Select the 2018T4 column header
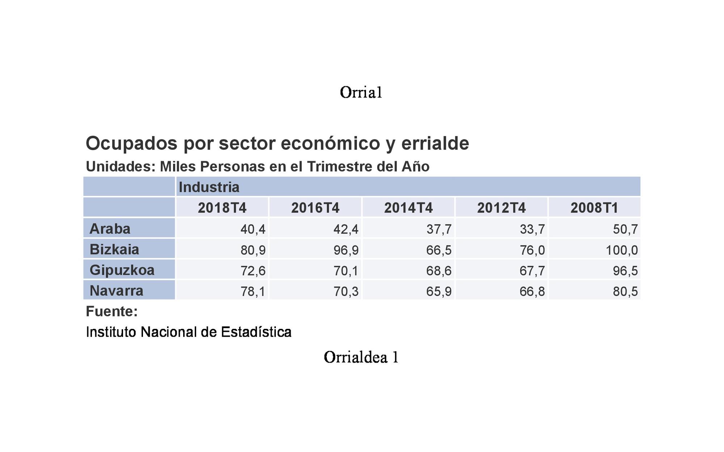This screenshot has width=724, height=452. tap(222, 208)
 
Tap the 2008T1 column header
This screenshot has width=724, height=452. tap(594, 208)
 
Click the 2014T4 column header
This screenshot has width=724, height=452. tap(408, 208)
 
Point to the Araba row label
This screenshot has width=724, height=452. tap(110, 229)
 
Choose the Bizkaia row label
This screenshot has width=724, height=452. tap(114, 250)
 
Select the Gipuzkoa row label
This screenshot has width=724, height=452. tap(122, 270)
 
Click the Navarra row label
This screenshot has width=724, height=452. tap(116, 291)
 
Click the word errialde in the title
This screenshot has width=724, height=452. tap(435, 143)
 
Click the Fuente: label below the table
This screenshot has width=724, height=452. tap(111, 311)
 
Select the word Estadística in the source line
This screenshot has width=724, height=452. tap(256, 332)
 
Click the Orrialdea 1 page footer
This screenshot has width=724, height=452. tap(361, 357)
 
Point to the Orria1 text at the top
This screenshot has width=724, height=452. tap(361, 92)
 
